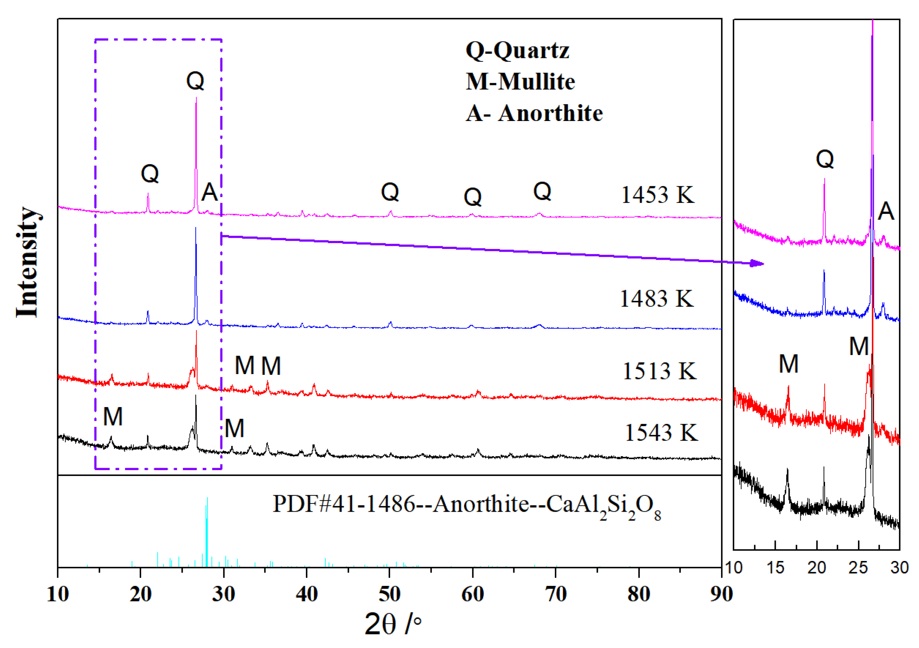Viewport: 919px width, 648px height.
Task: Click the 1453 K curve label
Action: (657, 195)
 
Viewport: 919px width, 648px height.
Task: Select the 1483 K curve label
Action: (656, 299)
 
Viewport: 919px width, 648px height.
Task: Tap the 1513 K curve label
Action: (659, 371)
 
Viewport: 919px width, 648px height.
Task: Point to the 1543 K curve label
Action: (661, 433)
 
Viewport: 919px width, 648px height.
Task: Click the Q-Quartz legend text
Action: (517, 51)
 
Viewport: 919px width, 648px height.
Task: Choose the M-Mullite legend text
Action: (520, 82)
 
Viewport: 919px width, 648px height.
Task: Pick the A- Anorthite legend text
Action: (534, 113)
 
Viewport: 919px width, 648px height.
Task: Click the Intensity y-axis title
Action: (27, 262)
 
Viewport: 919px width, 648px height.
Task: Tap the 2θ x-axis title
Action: (392, 624)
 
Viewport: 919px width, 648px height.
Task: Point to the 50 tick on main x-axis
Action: (389, 594)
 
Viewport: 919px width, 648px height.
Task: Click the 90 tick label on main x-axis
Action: (721, 594)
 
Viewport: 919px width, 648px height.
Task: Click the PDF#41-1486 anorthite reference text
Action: (466, 505)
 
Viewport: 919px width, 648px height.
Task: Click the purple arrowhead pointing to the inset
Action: (757, 263)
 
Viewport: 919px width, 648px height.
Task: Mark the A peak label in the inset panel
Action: (885, 211)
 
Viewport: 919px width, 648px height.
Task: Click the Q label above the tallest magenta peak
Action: (195, 80)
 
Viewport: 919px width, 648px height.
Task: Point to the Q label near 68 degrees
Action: (542, 191)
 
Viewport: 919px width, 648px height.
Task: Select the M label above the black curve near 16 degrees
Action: (113, 417)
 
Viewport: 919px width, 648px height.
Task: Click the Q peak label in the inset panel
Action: (825, 159)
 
